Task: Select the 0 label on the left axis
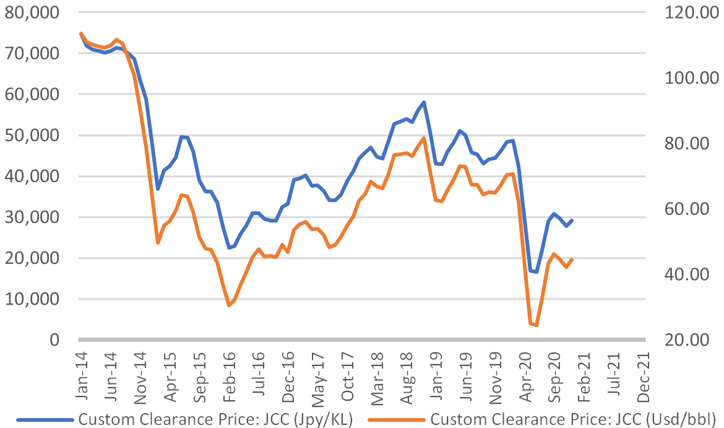[54, 340]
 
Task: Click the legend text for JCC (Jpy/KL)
[215, 419]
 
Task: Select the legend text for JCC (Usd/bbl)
[573, 419]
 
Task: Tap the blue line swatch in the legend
[45, 419]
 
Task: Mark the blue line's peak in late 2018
[424, 102]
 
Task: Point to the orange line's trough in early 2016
[229, 305]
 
